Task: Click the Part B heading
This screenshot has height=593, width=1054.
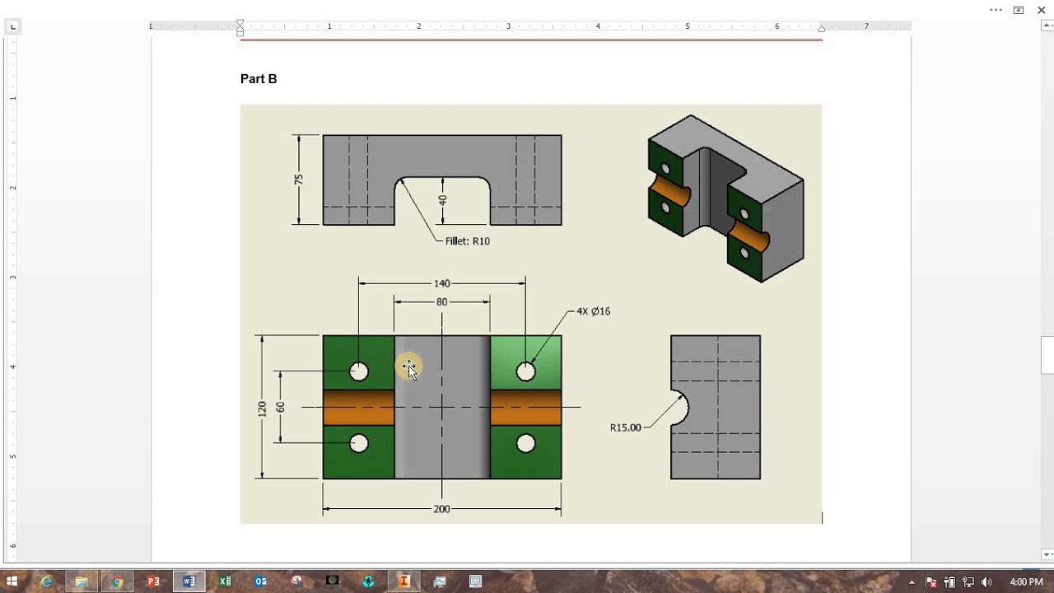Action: (259, 79)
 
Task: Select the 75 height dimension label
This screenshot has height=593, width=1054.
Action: (299, 180)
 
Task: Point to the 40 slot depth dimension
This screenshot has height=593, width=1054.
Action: (443, 200)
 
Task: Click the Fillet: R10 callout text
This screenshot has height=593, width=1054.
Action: (467, 241)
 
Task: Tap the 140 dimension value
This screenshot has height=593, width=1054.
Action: (442, 283)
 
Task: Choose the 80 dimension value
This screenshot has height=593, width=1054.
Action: (442, 302)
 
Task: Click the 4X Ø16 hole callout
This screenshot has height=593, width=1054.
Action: (593, 311)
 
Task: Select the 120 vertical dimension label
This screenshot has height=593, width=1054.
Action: (262, 408)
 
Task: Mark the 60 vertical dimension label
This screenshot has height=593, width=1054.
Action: (281, 407)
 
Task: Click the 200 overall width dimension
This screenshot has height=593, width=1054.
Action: (441, 509)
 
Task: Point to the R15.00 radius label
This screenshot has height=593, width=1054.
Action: (625, 427)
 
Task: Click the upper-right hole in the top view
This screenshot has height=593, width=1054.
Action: (526, 372)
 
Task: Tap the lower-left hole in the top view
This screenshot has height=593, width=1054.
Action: (359, 444)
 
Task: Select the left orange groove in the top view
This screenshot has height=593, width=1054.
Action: (358, 408)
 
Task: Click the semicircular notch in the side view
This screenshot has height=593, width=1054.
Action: (679, 408)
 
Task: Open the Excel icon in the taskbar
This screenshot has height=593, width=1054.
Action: (225, 581)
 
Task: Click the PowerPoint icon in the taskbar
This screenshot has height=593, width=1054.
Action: (153, 581)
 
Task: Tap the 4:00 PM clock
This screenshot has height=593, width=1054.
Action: (1026, 582)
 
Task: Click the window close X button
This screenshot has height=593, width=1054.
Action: (1041, 10)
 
